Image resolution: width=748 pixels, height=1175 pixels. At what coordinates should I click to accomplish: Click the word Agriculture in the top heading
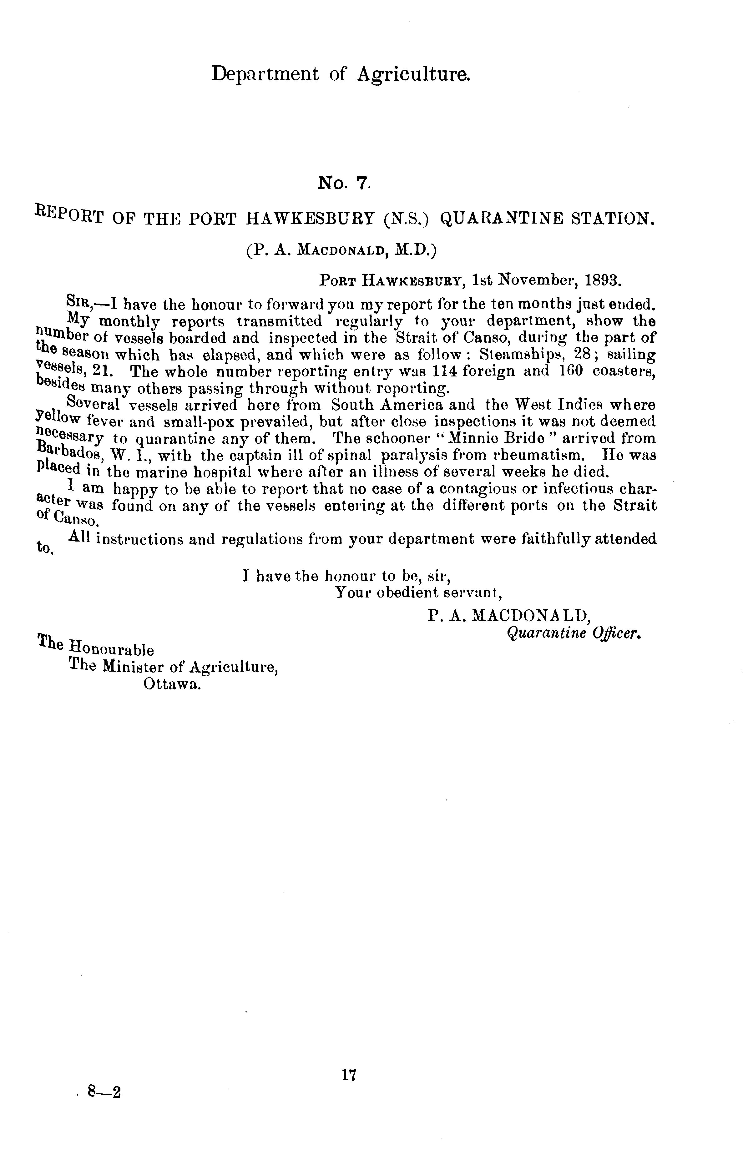414,74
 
